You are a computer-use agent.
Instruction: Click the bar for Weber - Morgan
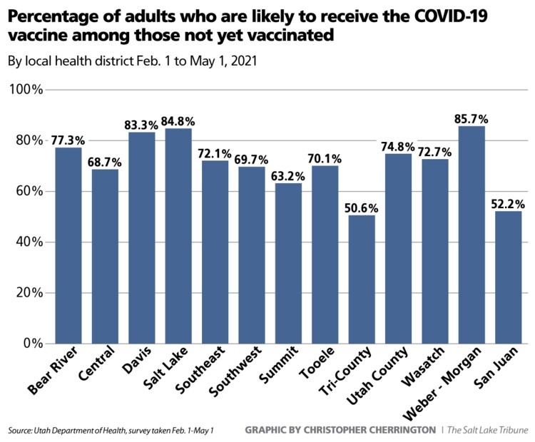[471, 235]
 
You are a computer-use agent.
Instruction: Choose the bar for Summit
[288, 264]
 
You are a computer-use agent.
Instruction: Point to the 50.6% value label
[362, 207]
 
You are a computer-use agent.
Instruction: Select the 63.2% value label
[288, 175]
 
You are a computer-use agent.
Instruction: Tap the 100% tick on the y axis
[26, 90]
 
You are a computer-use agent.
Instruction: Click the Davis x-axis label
[132, 361]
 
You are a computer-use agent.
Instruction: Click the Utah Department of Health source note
[111, 430]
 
